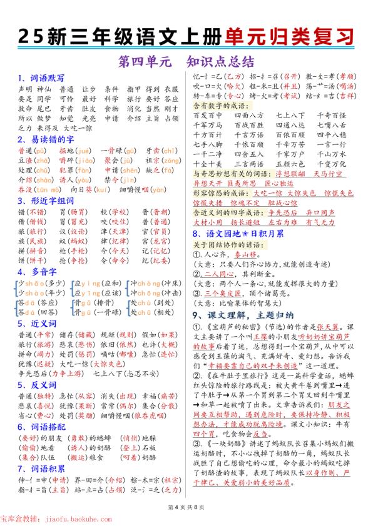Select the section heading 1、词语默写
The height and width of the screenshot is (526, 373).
[x=40, y=78]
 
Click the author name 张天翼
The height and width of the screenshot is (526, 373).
[x=335, y=326]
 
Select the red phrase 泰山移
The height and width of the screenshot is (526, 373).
[x=240, y=254]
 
